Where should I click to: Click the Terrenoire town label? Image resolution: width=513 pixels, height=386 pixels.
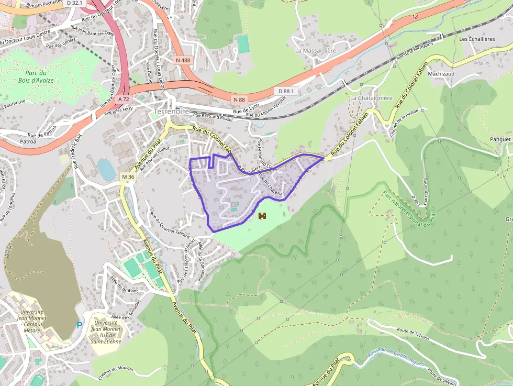tap(171, 112)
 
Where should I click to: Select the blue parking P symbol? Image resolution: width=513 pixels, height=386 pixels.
tap(80, 325)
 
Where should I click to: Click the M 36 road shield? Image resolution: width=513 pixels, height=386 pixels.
tap(128, 177)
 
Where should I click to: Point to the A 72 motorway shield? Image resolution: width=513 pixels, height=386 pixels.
tap(124, 99)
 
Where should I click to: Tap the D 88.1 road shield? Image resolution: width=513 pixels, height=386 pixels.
tap(286, 91)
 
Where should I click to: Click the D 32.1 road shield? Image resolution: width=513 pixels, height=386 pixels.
tap(76, 3)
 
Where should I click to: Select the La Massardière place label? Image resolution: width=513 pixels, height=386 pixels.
tap(315, 51)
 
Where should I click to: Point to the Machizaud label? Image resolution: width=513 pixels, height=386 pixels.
tap(441, 74)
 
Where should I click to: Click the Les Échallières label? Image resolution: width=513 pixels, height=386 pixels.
tap(477, 39)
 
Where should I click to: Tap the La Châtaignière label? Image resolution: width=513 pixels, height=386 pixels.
tap(371, 98)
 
